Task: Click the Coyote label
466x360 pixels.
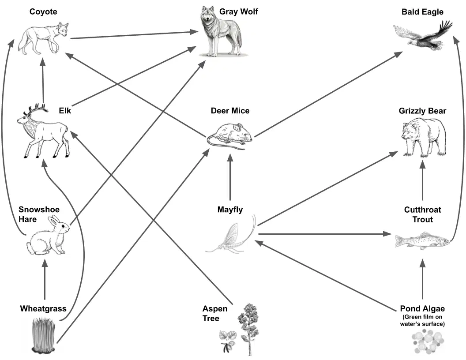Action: pyautogui.click(x=43, y=11)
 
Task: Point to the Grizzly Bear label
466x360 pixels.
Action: pyautogui.click(x=422, y=111)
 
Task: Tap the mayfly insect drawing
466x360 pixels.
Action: pyautogui.click(x=231, y=235)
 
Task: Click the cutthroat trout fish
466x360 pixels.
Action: pyautogui.click(x=422, y=240)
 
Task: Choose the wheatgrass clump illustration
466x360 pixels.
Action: pyautogui.click(x=43, y=335)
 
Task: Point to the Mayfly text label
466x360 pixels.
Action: pyautogui.click(x=230, y=210)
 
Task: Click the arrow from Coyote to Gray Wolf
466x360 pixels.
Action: pyautogui.click(x=134, y=35)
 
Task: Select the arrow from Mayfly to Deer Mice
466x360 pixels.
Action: pyautogui.click(x=230, y=177)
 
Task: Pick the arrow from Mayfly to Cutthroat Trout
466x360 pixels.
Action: pyautogui.click(x=325, y=234)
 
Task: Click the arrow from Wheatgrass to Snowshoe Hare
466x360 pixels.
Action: pyautogui.click(x=45, y=280)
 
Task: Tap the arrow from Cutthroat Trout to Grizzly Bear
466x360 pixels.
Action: pyautogui.click(x=422, y=180)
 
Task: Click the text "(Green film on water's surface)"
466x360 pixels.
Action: pyautogui.click(x=422, y=320)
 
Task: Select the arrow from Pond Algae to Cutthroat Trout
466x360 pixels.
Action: pyautogui.click(x=422, y=279)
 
